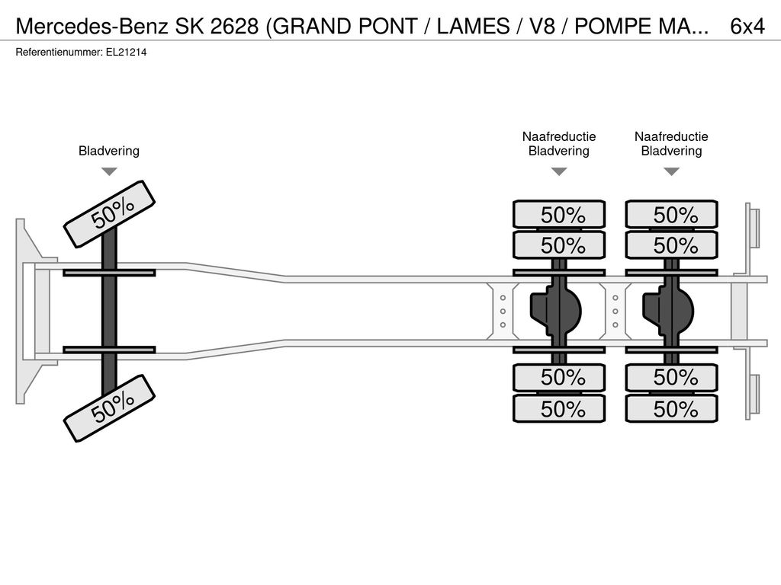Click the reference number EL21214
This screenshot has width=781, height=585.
pos(126,53)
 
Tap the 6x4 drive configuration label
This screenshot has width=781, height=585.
pos(747,26)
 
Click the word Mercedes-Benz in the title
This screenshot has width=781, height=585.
pos(92,26)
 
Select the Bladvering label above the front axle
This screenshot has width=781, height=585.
pos(109,151)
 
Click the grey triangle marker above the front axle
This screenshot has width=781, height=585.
pos(109,171)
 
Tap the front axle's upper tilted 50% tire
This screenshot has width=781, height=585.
pos(110,214)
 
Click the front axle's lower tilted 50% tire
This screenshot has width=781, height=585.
pos(110,408)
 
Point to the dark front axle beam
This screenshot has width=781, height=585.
pos(109,311)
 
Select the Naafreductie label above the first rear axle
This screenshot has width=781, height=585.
pos(559,137)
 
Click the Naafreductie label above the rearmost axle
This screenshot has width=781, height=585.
pos(671,137)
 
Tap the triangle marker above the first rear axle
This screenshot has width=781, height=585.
pos(559,171)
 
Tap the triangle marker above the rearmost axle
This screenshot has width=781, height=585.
pos(672,171)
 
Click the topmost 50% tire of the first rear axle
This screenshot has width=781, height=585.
pos(559,214)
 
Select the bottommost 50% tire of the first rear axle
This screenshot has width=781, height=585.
pos(559,409)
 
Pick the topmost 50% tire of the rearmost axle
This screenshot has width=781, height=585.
pos(671,214)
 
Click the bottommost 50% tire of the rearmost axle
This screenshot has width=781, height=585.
pos(671,409)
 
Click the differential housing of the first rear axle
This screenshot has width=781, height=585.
pos(556,312)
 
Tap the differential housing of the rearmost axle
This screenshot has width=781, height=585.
pos(669,312)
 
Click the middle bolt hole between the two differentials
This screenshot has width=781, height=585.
pos(615,312)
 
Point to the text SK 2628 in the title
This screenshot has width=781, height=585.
pos(217,26)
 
